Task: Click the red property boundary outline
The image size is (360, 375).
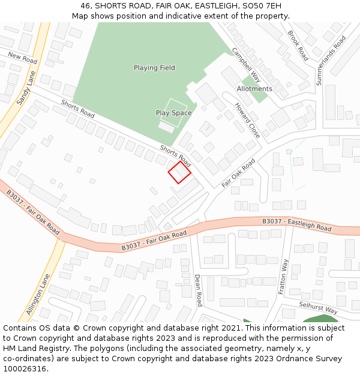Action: (179, 172)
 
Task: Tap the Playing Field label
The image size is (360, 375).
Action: (154, 68)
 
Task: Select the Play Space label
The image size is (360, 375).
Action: (173, 113)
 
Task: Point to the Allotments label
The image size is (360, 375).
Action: (254, 89)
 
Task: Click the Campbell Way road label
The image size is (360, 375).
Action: (247, 64)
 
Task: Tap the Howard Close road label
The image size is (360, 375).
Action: (247, 120)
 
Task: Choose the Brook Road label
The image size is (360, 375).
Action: (298, 46)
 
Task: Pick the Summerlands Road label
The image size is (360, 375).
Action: (331, 60)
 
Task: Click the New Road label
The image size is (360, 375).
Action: (22, 58)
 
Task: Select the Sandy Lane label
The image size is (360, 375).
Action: (26, 88)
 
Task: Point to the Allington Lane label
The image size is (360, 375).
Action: (37, 294)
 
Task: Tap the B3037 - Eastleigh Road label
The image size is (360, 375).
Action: (296, 225)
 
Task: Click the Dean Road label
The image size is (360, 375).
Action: (198, 290)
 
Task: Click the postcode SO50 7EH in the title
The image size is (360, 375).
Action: (257, 5)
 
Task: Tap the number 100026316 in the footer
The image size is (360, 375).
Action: (25, 369)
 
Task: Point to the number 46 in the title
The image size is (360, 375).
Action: (86, 5)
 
